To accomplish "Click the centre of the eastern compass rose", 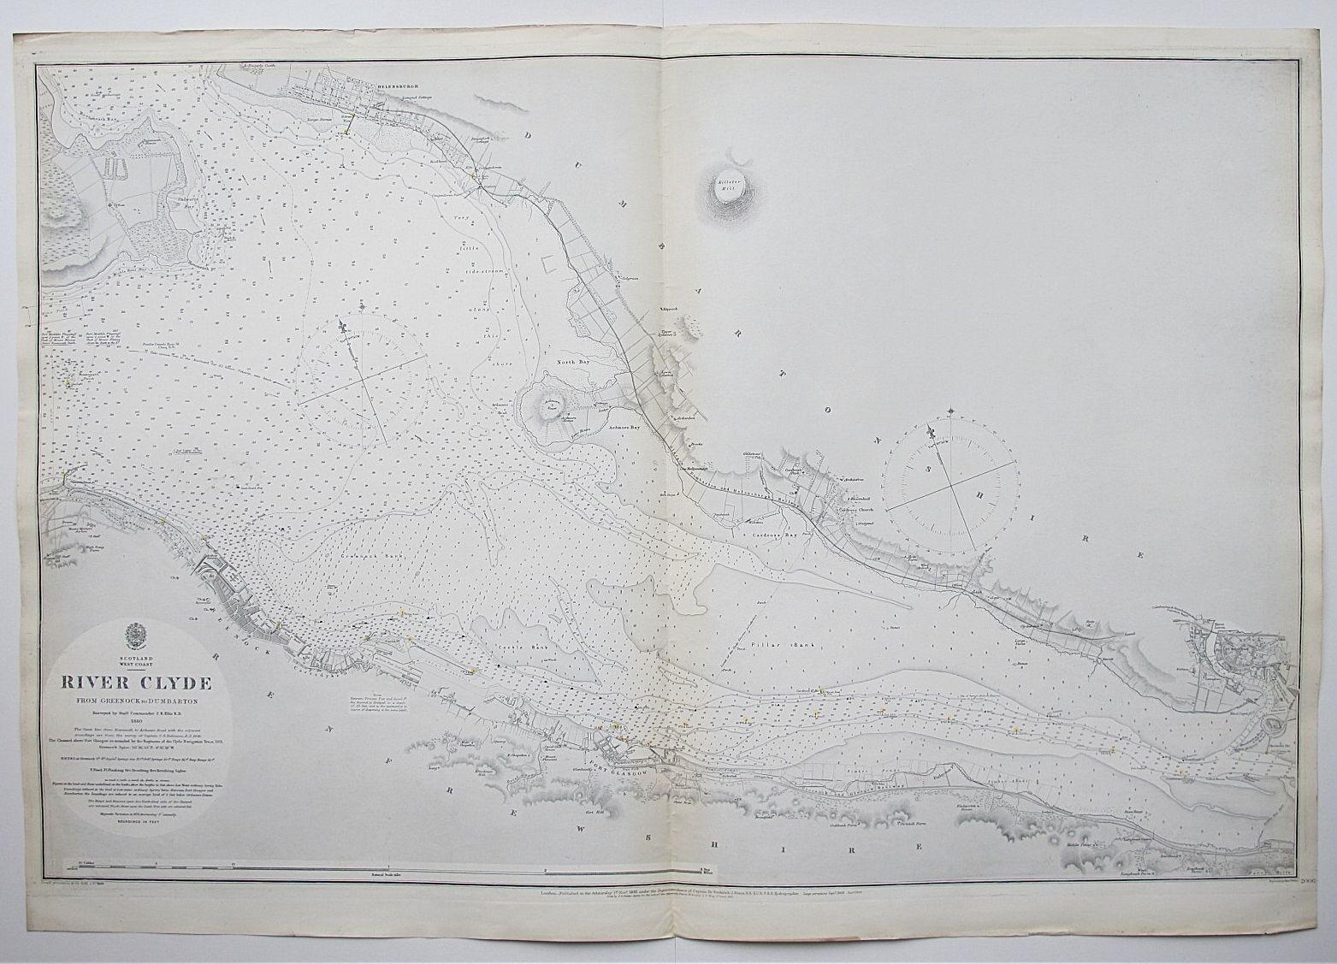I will point(952,484).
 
